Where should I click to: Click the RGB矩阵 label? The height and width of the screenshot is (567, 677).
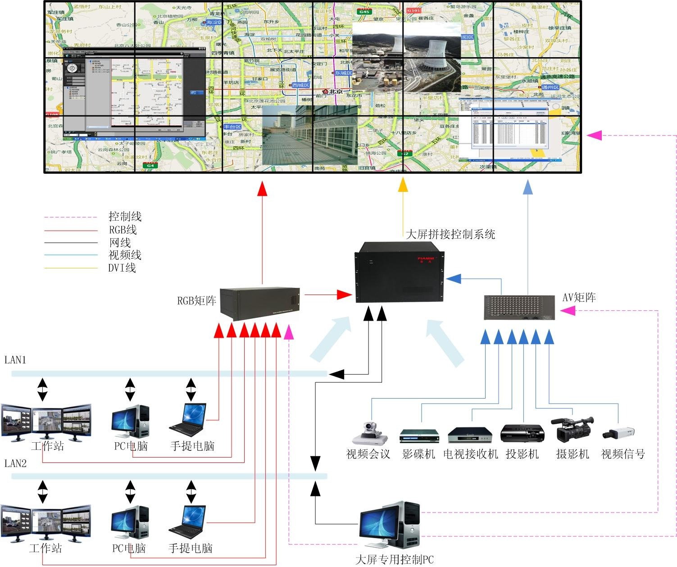(x=196, y=301)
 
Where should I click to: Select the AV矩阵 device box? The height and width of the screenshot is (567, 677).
(x=519, y=308)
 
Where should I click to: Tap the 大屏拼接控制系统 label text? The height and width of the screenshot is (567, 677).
(x=450, y=234)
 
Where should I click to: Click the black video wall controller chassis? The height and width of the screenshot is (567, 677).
(x=400, y=272)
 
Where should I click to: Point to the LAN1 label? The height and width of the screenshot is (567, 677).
(x=15, y=360)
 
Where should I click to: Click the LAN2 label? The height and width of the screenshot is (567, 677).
(x=15, y=463)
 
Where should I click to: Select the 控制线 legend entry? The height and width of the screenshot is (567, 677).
(x=125, y=217)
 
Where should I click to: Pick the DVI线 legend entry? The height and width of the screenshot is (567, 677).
(x=122, y=268)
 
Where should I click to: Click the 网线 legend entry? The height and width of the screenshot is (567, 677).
(x=120, y=243)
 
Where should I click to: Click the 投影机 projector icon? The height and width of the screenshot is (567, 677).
(x=523, y=434)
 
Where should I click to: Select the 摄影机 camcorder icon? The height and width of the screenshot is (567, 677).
(x=572, y=429)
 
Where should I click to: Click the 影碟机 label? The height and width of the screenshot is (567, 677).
(x=418, y=454)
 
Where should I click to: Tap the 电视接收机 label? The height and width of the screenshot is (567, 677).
(x=471, y=454)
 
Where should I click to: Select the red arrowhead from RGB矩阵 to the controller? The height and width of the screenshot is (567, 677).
(x=345, y=295)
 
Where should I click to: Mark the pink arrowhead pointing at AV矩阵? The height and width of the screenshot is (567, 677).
(x=568, y=310)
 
